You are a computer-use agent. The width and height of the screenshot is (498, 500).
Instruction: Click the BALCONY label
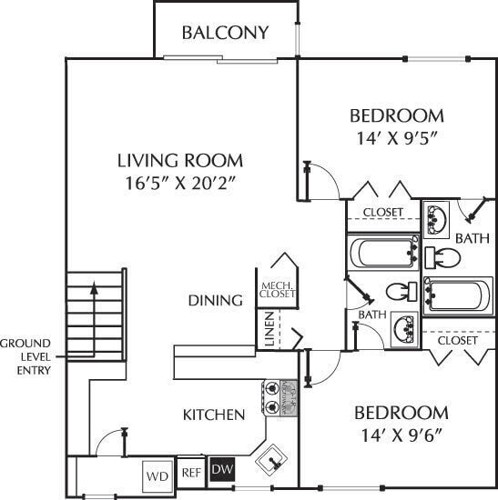(225, 33)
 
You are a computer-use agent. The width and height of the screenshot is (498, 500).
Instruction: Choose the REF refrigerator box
(190, 472)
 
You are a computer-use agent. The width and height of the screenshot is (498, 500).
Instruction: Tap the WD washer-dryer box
(157, 475)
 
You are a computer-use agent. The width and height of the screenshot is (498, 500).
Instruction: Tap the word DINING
(215, 301)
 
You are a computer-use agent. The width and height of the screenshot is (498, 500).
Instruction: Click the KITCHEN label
(214, 415)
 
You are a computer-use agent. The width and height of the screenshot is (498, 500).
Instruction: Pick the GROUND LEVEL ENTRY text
(25, 356)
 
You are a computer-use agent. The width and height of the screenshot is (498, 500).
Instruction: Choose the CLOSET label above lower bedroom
(457, 340)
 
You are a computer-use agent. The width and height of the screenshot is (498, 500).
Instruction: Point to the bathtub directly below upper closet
(382, 251)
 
